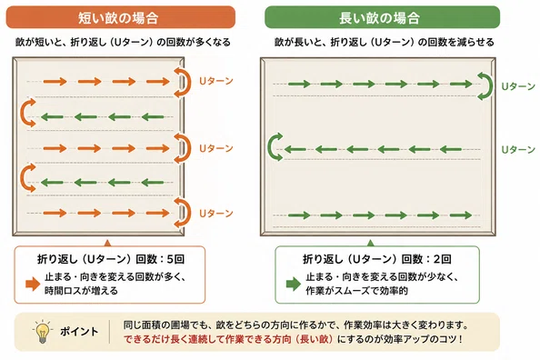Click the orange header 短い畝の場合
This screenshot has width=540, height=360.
(121, 17)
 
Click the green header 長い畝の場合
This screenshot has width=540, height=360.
(382, 17)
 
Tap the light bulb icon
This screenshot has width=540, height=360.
(42, 332)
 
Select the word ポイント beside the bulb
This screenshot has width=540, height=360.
(79, 332)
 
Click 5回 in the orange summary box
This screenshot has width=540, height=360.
(175, 259)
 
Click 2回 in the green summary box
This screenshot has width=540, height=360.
(442, 259)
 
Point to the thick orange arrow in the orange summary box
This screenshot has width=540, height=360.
(33, 284)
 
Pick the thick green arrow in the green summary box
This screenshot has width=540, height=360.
(294, 284)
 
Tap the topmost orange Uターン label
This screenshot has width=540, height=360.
(216, 81)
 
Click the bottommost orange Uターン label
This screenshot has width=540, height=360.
(216, 214)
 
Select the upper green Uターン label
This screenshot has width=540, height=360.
(518, 86)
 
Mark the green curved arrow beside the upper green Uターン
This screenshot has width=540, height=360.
(490, 86)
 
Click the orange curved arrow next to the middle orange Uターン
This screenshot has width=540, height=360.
(188, 148)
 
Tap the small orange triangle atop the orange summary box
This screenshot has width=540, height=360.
(107, 244)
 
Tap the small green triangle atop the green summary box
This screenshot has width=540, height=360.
(371, 244)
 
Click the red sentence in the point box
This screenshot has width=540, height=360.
(228, 339)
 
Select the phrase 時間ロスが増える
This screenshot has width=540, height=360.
(81, 291)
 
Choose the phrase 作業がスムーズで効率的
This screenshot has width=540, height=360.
(356, 291)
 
